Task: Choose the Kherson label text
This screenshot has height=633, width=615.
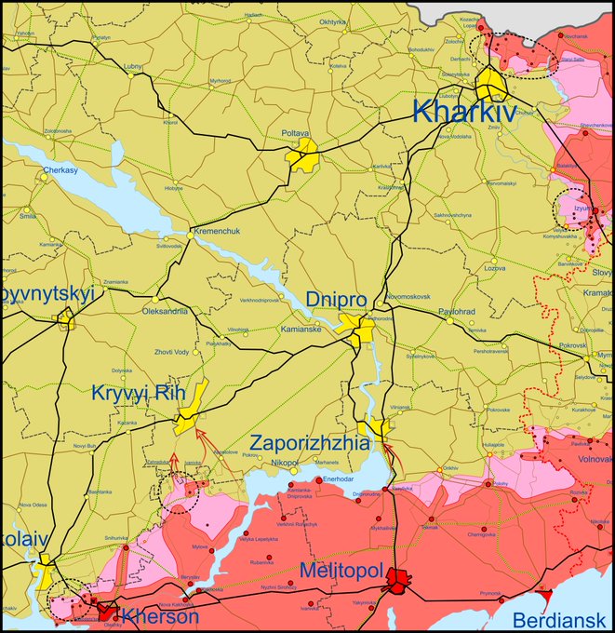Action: coord(161,616)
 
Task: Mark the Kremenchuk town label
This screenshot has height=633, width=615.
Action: coord(216,230)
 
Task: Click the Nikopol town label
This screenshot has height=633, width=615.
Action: coord(285,463)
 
